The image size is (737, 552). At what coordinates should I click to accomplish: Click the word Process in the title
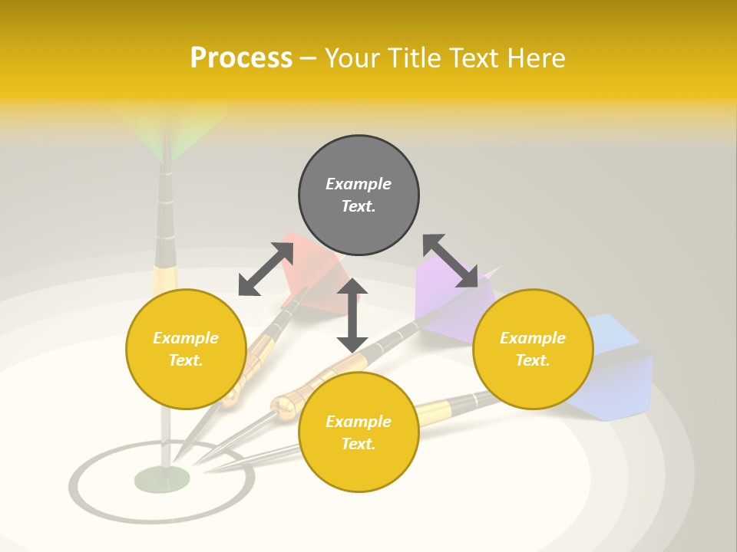[241, 58]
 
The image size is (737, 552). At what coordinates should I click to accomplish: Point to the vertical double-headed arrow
[352, 315]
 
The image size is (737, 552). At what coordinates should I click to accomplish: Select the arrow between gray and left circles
[266, 269]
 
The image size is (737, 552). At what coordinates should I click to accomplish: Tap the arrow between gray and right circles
[450, 261]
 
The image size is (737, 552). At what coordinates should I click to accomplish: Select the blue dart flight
[614, 368]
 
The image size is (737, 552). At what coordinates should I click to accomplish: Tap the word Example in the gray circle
[359, 184]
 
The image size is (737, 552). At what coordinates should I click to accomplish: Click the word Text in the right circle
[532, 360]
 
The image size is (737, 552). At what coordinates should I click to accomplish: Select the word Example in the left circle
[186, 338]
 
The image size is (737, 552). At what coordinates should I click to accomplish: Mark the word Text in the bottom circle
[358, 444]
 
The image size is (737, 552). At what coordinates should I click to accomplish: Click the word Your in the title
[352, 58]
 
